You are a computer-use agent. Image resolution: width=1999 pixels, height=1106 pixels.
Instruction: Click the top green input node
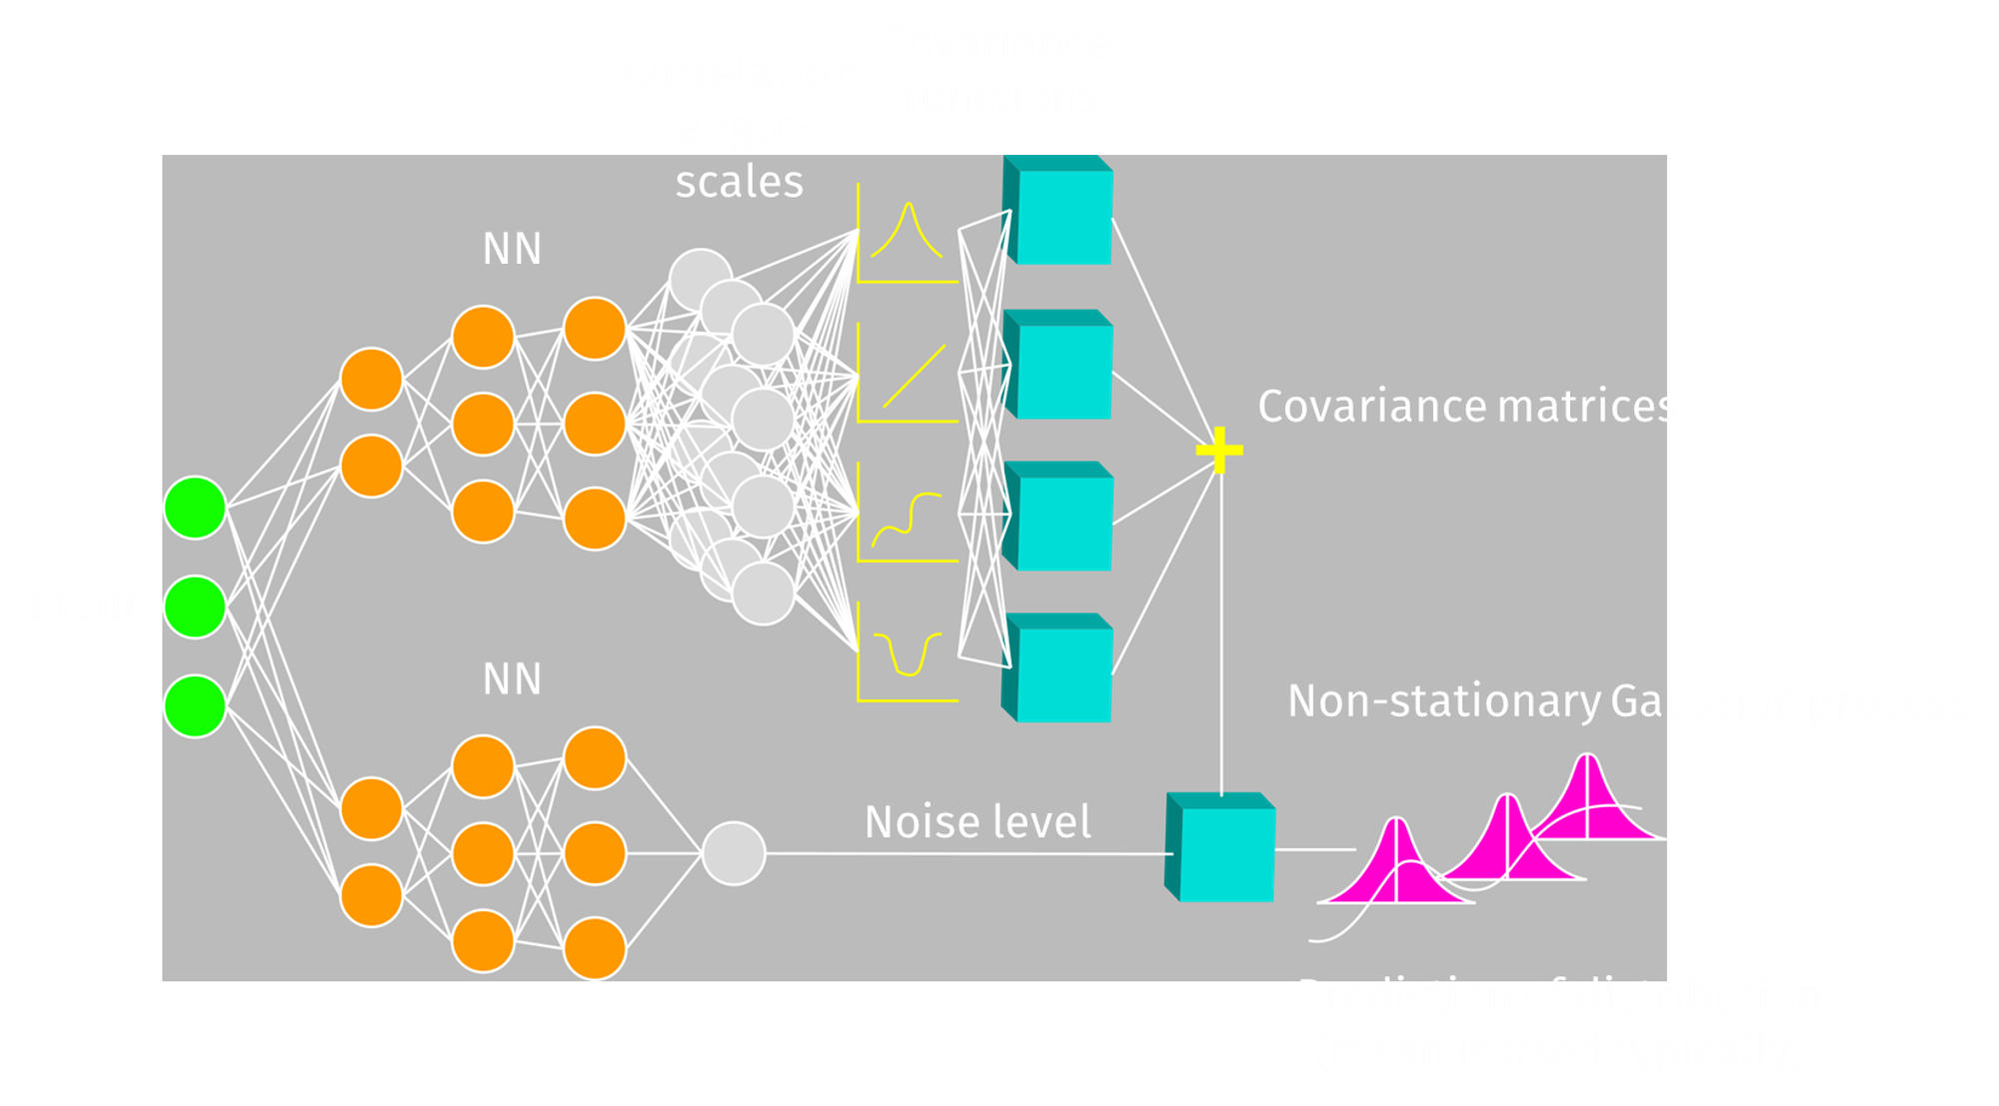click(194, 508)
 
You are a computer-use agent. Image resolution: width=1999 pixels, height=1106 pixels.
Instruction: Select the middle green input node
click(194, 606)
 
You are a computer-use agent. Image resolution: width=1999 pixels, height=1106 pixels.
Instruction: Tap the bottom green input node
click(194, 705)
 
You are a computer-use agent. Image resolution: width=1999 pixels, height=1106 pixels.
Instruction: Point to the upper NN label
click(512, 249)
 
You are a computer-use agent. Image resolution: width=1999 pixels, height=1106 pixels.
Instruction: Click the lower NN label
click(512, 679)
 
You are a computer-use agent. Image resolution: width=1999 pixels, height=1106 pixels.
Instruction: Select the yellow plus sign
click(1219, 450)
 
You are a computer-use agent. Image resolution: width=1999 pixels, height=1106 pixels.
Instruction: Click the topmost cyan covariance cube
click(1059, 212)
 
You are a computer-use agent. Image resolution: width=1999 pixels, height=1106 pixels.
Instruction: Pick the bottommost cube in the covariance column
click(1059, 669)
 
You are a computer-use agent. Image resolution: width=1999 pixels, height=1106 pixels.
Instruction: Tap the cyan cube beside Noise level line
click(1221, 849)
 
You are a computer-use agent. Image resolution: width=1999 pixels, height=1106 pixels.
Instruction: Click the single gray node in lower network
click(734, 853)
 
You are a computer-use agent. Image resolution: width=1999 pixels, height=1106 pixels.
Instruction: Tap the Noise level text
click(978, 822)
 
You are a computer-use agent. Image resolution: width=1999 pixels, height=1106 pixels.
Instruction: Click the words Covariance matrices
click(1467, 407)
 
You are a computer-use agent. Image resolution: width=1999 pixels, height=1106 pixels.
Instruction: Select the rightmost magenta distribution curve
click(1589, 799)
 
